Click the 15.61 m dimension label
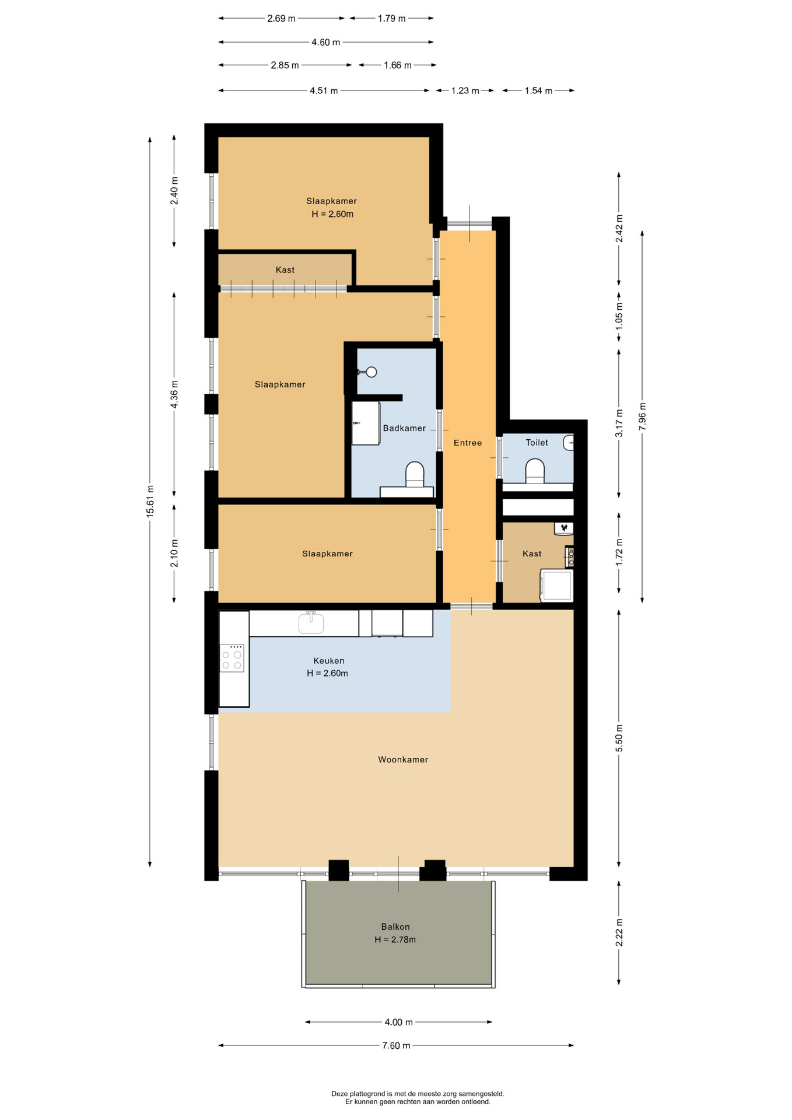coord(150,501)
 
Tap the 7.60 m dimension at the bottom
coord(396,1045)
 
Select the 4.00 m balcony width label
coord(398,1022)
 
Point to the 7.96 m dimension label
coord(642,416)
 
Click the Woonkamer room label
coord(403,759)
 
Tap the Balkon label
coord(395,926)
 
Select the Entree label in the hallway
coord(468,443)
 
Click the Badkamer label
coord(404,428)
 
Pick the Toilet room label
coord(537,443)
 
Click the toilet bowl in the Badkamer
coord(415,474)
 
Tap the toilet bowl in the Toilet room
coord(535,471)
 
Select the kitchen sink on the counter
coord(311,622)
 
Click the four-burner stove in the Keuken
coord(232,658)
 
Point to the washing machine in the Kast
coord(557,586)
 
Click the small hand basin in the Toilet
coord(569,443)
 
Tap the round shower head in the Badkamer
coord(371,372)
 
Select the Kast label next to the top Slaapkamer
coord(285,270)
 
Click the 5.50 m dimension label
coord(619,738)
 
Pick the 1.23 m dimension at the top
coord(465,90)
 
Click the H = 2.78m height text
coord(395,940)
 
